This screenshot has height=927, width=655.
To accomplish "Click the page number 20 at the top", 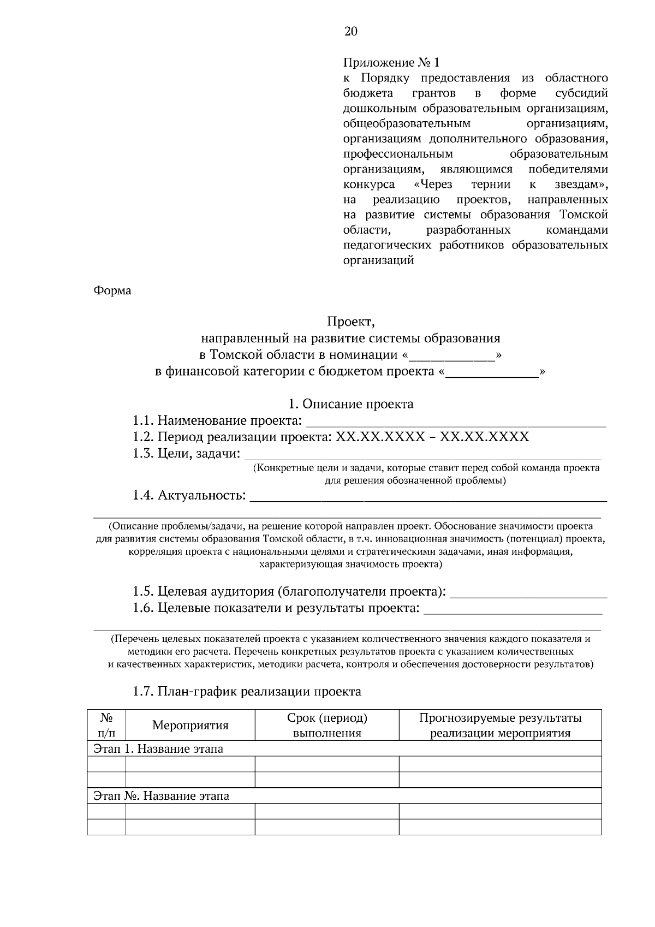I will coord(350,32).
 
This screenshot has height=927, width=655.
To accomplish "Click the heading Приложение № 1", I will coord(391,63).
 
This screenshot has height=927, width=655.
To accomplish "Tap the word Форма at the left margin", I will coord(113,291).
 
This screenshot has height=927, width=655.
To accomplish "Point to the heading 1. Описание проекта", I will coord(350,405).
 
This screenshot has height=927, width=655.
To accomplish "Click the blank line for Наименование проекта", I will coord(456,421).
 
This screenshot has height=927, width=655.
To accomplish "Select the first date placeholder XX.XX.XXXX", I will coord(380,437).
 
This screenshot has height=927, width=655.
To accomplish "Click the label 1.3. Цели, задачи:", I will coord(186,454).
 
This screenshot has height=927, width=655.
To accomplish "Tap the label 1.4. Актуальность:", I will coord(189,496).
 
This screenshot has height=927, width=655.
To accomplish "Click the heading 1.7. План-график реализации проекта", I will coord(247,692).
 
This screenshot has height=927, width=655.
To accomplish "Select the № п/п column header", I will coord(106,726).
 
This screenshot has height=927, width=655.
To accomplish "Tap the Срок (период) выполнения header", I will coord(327,726).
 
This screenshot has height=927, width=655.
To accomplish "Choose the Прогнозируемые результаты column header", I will coord(500,726).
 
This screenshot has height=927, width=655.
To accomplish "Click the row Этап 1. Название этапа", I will coord(159,749).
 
